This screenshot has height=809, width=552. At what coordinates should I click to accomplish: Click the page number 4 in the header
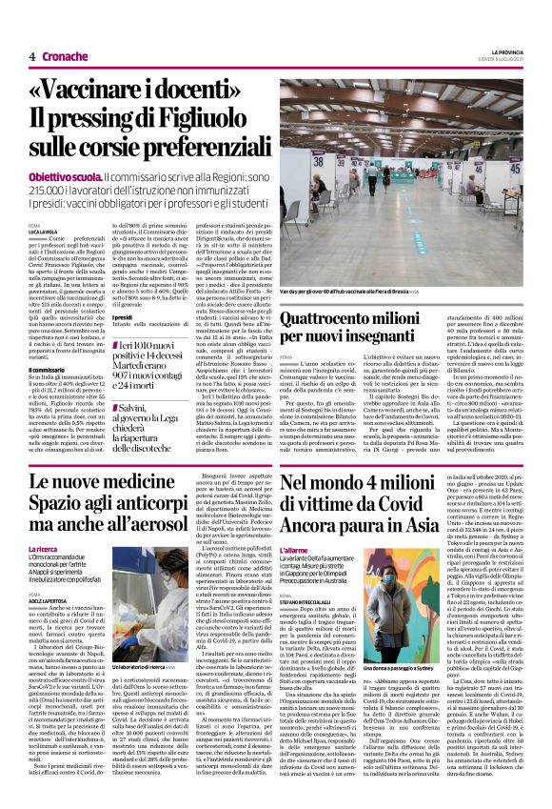coord(31,56)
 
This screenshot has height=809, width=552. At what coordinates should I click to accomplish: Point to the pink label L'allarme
coord(295,551)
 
